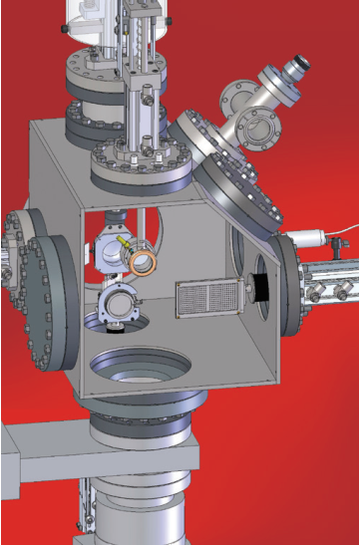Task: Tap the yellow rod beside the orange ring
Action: pyautogui.click(x=125, y=242)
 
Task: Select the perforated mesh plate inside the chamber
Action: pyautogui.click(x=206, y=298)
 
